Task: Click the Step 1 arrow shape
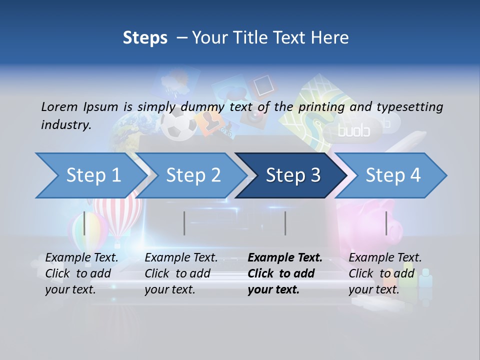90,175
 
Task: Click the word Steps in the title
145,38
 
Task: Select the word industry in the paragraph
65,124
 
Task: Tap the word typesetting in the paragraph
409,106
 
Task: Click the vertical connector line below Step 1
84,223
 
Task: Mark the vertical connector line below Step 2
184,223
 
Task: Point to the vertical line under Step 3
285,223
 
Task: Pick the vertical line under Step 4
386,223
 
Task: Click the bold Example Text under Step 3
285,258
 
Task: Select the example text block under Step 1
81,273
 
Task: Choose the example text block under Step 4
385,273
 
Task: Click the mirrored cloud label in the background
353,131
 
